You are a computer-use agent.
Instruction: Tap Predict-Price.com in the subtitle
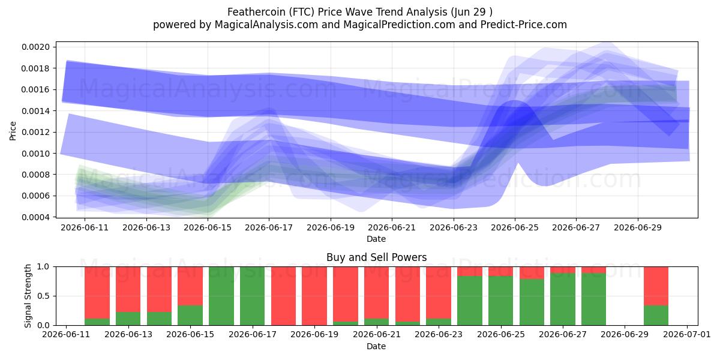click(x=524, y=25)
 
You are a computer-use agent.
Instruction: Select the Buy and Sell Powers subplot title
click(x=376, y=257)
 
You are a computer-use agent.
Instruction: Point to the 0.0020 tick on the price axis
click(x=35, y=47)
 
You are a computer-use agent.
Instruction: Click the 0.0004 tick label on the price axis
click(x=35, y=217)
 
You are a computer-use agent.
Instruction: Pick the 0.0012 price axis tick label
click(x=35, y=133)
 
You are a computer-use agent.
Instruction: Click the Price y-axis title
click(x=13, y=131)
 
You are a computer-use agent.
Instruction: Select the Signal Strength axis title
click(x=28, y=296)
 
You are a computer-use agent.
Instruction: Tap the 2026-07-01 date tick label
click(x=687, y=335)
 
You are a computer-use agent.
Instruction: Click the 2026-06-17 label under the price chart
click(x=269, y=228)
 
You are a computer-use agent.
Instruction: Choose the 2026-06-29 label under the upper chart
click(x=638, y=228)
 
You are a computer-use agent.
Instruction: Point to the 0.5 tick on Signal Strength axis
click(x=43, y=296)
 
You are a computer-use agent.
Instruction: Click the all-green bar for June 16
click(x=221, y=296)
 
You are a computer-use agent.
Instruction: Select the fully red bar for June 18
click(x=283, y=296)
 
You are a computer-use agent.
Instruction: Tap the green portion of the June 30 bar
click(x=656, y=316)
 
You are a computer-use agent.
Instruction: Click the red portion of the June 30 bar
click(x=656, y=286)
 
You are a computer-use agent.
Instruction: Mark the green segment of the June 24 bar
click(x=470, y=301)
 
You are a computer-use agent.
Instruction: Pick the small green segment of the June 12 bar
click(x=97, y=322)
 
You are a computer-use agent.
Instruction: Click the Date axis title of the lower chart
click(x=376, y=347)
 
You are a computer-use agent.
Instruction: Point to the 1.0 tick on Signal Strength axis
click(x=43, y=267)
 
